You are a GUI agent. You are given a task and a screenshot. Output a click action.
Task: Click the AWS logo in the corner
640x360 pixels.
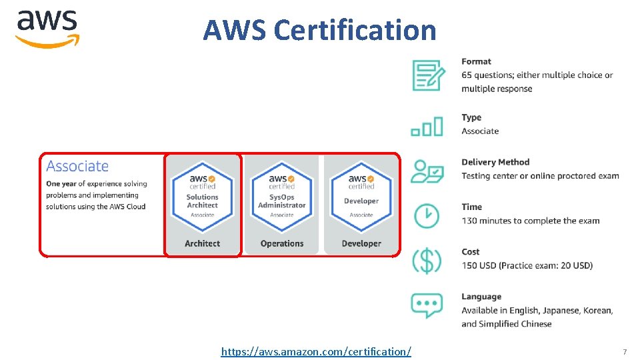click(x=47, y=28)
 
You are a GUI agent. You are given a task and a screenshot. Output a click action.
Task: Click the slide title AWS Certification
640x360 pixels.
click(x=319, y=30)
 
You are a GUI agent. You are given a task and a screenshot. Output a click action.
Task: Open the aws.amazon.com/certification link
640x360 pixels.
click(x=316, y=351)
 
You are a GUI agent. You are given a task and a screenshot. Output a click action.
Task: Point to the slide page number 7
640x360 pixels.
click(x=625, y=351)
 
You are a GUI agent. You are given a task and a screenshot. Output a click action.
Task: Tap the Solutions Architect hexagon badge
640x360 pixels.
click(x=203, y=197)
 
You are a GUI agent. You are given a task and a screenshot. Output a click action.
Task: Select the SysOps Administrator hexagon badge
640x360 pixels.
click(x=282, y=197)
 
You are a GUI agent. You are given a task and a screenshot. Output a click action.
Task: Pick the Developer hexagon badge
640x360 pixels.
click(x=361, y=197)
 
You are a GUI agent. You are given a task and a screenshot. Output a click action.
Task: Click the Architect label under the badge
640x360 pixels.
click(x=203, y=243)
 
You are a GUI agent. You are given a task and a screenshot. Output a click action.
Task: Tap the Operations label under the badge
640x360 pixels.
click(x=282, y=243)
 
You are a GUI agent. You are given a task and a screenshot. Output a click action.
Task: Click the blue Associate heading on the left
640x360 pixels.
click(x=77, y=166)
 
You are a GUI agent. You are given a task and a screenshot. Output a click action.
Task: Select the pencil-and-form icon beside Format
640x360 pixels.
click(x=427, y=75)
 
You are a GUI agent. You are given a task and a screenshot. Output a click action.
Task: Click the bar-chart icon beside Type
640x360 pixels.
click(x=427, y=126)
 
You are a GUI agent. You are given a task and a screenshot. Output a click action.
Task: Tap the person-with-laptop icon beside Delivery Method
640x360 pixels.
click(x=427, y=171)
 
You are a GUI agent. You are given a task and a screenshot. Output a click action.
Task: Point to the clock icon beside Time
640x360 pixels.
click(x=427, y=215)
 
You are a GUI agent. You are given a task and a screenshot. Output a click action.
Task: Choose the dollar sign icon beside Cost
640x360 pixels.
click(x=427, y=260)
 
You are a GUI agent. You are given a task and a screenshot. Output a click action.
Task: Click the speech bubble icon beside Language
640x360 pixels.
click(x=427, y=305)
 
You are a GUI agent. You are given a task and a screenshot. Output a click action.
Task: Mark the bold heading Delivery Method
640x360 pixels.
click(x=495, y=162)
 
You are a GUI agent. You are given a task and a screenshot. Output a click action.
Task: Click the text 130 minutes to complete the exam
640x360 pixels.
click(x=530, y=221)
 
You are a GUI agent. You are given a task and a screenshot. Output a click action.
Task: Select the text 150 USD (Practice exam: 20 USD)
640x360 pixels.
click(x=527, y=265)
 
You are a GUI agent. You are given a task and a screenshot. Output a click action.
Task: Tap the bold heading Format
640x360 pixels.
click(x=476, y=61)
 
